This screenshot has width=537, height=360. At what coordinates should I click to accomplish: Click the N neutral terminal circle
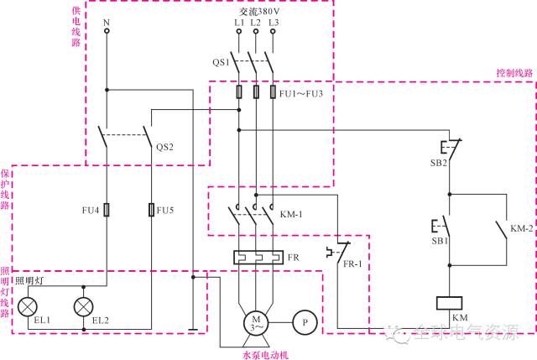point(107,31)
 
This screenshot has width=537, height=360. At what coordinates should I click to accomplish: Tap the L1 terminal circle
point(239,32)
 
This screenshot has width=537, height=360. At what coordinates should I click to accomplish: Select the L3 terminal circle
point(273,32)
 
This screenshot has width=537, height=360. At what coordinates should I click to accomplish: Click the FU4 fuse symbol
point(107,210)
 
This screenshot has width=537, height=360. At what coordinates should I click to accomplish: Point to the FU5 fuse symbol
point(151,210)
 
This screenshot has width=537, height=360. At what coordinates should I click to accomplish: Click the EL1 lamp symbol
point(28,306)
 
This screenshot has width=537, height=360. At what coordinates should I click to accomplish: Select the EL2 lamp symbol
point(84,306)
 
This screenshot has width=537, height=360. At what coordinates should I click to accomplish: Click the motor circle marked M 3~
point(256,323)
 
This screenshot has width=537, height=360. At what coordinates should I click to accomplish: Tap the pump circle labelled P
point(305,323)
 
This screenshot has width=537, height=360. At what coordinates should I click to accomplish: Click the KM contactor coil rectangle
point(450,303)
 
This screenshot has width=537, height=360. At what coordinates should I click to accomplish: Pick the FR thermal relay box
point(258,258)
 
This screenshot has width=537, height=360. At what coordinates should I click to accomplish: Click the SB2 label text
point(439,163)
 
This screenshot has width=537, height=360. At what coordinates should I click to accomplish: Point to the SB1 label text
point(440,241)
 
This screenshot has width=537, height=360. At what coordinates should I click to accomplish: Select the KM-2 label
point(522,228)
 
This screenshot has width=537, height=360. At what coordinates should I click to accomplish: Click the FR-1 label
point(352,263)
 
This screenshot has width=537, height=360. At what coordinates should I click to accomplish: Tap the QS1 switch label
point(221,62)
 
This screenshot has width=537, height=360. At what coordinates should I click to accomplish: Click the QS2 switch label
point(164,147)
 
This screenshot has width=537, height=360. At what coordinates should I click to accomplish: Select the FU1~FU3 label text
point(301,93)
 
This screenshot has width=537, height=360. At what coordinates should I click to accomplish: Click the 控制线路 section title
point(514,73)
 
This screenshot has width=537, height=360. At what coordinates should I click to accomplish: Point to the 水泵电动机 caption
point(265,355)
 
